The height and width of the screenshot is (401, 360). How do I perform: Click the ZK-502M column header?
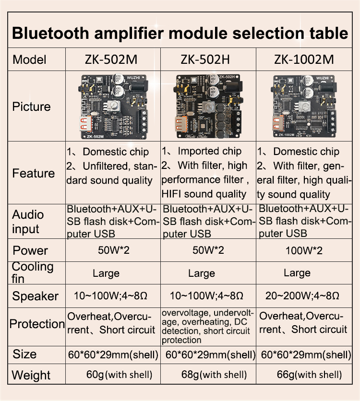(x=111, y=59)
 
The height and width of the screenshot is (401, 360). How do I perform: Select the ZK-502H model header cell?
(x=205, y=59)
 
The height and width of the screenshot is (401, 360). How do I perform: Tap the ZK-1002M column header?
(x=304, y=59)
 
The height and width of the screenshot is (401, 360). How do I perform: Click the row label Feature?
(x=33, y=173)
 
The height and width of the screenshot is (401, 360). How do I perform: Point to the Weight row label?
(x=31, y=375)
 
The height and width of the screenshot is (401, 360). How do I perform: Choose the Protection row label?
(x=37, y=324)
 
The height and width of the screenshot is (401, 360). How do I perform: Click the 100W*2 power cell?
(x=304, y=250)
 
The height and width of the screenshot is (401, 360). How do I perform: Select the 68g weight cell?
(x=214, y=375)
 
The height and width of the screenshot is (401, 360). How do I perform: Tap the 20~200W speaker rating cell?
(x=302, y=296)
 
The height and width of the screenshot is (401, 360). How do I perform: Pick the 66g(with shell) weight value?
(x=309, y=375)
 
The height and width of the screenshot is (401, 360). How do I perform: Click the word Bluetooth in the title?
(x=50, y=33)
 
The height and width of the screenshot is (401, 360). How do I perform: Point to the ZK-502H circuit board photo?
(x=208, y=106)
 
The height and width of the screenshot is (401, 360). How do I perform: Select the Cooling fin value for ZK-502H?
(x=202, y=273)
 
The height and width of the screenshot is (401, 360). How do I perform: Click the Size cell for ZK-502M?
(x=113, y=354)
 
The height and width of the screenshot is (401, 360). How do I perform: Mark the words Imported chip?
(x=210, y=151)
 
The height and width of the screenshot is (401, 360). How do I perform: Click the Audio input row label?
(x=28, y=222)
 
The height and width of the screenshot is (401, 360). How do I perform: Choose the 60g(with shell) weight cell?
(x=119, y=375)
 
